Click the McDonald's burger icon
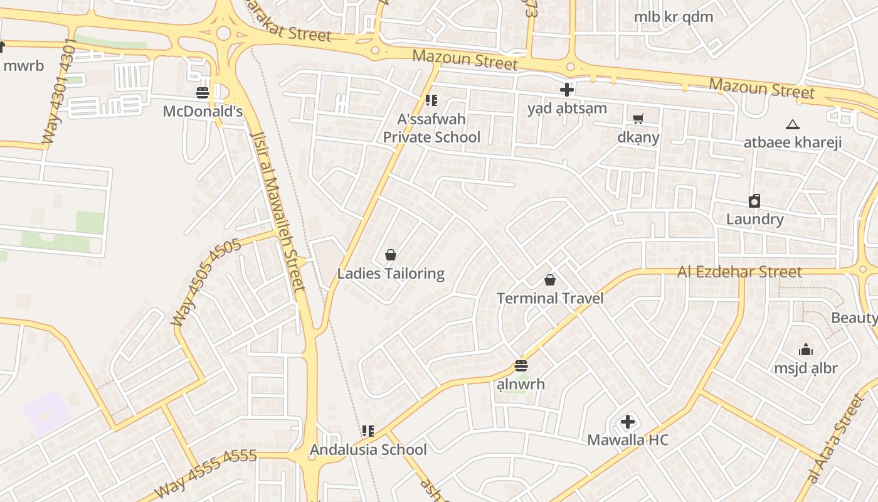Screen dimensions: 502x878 pyautogui.click(x=203, y=93)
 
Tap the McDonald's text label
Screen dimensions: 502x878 pyautogui.click(x=203, y=111)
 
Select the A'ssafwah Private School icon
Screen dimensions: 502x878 pyautogui.click(x=431, y=100)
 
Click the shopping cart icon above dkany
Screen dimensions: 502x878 pyautogui.click(x=638, y=119)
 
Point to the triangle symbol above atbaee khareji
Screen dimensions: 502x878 pyautogui.click(x=792, y=124)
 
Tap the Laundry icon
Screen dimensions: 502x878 pyautogui.click(x=754, y=201)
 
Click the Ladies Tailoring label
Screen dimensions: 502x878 pyautogui.click(x=391, y=274)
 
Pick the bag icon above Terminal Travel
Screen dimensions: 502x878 pyautogui.click(x=550, y=280)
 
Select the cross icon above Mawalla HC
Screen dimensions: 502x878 pyautogui.click(x=627, y=422)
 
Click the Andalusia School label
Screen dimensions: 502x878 pyautogui.click(x=368, y=449)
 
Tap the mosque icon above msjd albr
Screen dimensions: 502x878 pyautogui.click(x=805, y=350)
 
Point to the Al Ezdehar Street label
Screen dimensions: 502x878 pyautogui.click(x=739, y=272)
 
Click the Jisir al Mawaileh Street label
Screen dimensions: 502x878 pyautogui.click(x=278, y=211)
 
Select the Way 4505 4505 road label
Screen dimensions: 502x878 pyautogui.click(x=206, y=282)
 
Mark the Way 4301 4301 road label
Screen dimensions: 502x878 pyautogui.click(x=60, y=92)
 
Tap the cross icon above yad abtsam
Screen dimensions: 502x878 pyautogui.click(x=567, y=90)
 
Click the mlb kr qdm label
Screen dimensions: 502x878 pyautogui.click(x=674, y=17)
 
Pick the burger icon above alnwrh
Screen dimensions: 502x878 pyautogui.click(x=521, y=366)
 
